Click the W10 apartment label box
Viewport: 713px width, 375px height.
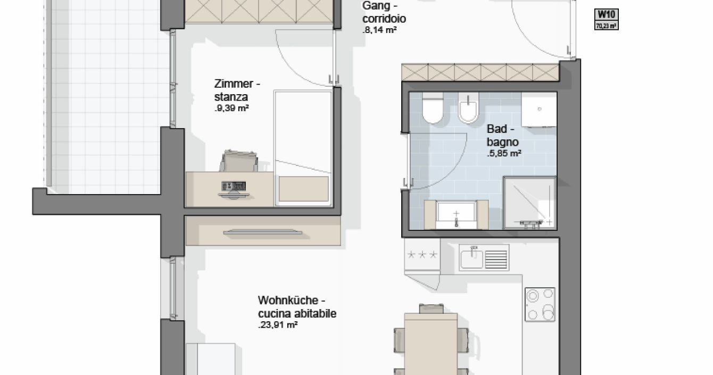tap(607, 19)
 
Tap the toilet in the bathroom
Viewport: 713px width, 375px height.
tap(433, 108)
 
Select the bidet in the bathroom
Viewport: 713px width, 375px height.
tap(468, 108)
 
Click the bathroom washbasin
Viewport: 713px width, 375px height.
tap(456, 215)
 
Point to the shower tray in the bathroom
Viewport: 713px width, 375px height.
tap(530, 203)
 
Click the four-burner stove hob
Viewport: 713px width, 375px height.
tap(540, 305)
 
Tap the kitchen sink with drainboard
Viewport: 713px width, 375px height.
tap(484, 257)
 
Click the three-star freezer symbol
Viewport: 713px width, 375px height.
tap(422, 255)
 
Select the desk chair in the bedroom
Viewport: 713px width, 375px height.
tap(239, 161)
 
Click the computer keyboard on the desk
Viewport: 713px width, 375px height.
tap(234, 186)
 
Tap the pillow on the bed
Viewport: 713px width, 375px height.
tap(304, 189)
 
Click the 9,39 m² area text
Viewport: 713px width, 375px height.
tap(231, 108)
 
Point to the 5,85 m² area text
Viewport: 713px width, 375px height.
tap(504, 153)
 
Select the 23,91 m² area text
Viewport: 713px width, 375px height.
tap(278, 325)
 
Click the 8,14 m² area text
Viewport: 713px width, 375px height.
tap(379, 30)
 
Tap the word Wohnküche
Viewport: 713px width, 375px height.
tap(288, 300)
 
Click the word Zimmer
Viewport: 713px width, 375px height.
tap(234, 84)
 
